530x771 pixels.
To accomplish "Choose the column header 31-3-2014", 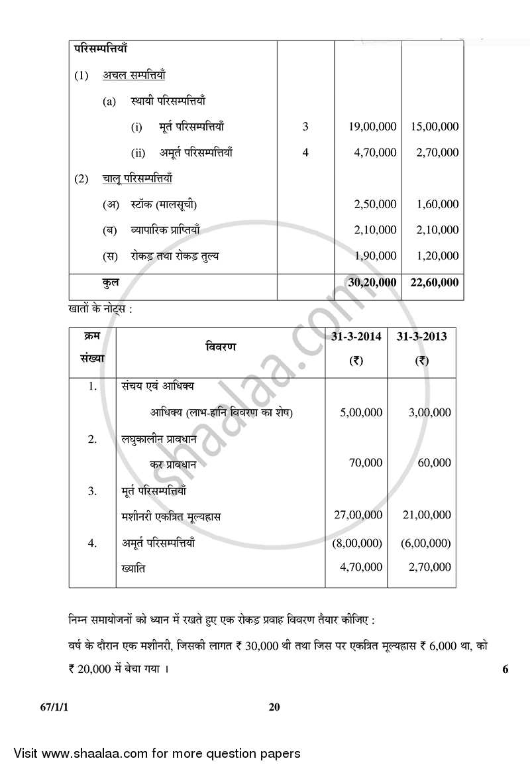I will click(x=356, y=337).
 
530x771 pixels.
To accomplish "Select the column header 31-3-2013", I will click(x=421, y=337).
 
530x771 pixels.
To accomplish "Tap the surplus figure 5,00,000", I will click(x=361, y=412).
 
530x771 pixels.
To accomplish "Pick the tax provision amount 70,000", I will click(x=366, y=463).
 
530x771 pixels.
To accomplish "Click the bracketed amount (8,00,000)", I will click(x=357, y=544).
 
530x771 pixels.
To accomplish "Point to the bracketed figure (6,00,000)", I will click(x=426, y=544).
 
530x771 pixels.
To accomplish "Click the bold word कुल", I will click(x=111, y=282).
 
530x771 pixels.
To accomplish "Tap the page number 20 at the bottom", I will click(x=274, y=707).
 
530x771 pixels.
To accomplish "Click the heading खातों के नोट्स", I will click(x=99, y=308).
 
